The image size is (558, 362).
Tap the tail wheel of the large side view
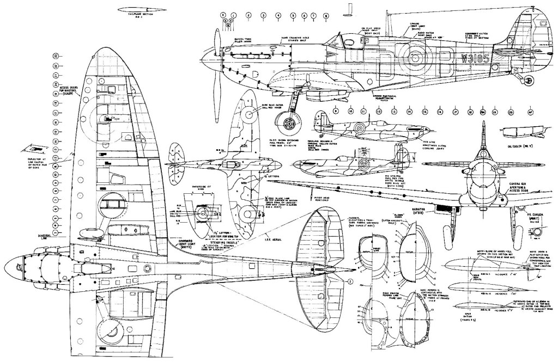(x=527, y=79)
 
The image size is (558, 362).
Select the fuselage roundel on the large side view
(x=419, y=57)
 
